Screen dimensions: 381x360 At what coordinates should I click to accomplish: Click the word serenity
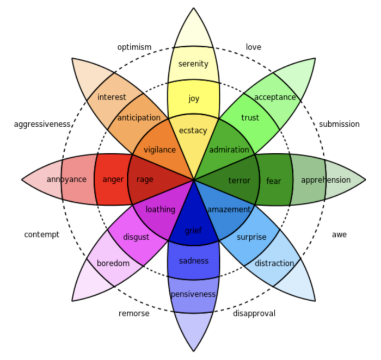point(193,64)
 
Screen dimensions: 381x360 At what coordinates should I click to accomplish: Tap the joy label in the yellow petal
point(194,98)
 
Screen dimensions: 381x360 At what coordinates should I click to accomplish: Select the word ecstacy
point(193,131)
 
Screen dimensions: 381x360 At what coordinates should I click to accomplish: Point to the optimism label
point(134,47)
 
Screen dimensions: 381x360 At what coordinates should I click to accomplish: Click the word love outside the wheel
point(254,47)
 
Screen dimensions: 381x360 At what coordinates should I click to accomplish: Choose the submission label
point(339,124)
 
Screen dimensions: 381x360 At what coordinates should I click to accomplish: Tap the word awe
point(339,234)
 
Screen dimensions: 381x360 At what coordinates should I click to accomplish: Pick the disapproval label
point(254,313)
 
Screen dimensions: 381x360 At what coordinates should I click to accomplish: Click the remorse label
point(134,313)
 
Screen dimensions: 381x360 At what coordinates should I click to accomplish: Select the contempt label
point(42,234)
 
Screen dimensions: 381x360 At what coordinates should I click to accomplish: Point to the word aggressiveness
point(42,125)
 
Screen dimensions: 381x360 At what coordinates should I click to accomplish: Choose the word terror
point(239,181)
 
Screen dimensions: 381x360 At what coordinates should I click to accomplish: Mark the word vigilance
point(159,150)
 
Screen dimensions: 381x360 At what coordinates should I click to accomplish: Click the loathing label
point(161,209)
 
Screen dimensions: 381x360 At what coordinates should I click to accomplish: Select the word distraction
point(274,263)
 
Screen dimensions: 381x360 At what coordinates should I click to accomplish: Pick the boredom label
point(113,263)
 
